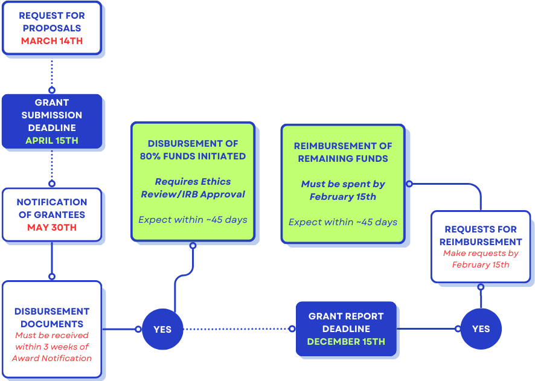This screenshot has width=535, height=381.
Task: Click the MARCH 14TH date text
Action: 51,41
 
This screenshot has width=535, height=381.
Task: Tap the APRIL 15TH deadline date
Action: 51,141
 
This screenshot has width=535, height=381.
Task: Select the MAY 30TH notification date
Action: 51,228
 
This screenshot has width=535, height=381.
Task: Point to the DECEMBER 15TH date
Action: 346,342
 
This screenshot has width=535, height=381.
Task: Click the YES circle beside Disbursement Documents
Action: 162,329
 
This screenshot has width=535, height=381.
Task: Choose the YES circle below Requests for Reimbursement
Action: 481,329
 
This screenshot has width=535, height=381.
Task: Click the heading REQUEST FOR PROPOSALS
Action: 51,22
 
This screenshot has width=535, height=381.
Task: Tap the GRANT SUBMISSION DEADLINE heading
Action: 51,115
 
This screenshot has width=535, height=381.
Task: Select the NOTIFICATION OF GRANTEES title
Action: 51,208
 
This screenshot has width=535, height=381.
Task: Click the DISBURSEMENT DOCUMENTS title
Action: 51,318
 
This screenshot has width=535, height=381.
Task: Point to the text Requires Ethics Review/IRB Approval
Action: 193,188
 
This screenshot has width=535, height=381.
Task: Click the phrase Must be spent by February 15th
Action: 343,190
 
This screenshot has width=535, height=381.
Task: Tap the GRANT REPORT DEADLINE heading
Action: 346,322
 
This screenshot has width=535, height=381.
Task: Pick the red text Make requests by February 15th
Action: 481,259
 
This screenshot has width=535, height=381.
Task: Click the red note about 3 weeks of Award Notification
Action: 51,347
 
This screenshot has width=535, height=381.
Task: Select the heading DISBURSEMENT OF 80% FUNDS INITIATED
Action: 193,150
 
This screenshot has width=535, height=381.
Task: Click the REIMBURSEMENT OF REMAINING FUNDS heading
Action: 343,152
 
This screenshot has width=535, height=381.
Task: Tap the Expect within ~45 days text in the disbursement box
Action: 193,220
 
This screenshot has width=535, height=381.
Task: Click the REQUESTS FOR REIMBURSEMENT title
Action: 481,235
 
